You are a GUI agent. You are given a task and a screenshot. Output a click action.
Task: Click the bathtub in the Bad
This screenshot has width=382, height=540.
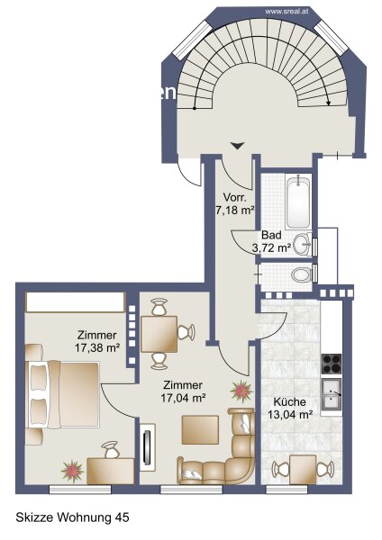(x=298, y=201)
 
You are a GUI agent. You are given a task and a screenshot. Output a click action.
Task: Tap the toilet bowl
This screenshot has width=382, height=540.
(x=301, y=274)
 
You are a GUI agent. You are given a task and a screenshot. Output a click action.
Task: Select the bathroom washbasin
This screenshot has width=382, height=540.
(x=303, y=245)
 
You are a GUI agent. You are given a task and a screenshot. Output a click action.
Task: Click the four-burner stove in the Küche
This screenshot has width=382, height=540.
(x=332, y=364)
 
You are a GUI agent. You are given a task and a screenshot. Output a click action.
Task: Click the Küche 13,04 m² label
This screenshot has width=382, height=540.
(x=290, y=408)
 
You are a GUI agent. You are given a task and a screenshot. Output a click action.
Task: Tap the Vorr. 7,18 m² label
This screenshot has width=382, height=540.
(x=235, y=203)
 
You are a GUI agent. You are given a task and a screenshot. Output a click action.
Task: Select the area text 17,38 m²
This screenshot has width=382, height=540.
(x=97, y=347)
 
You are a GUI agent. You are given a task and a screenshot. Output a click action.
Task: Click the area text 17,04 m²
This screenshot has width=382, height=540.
(x=183, y=398)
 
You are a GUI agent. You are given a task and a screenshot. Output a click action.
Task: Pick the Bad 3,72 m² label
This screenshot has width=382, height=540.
(x=271, y=241)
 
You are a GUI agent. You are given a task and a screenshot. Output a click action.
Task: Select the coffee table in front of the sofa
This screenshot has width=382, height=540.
(x=200, y=430)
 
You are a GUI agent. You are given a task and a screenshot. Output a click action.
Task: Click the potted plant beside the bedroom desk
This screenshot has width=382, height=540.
(x=72, y=471)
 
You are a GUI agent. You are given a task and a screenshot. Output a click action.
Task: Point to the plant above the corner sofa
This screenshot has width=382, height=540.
(x=241, y=391)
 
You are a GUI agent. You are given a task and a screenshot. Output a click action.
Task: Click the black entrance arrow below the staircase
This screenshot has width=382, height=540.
(x=237, y=146)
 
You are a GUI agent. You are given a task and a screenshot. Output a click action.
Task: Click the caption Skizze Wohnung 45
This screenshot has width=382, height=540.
(x=72, y=517)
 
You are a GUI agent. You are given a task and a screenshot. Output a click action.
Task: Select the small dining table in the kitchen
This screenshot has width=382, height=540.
(x=303, y=470)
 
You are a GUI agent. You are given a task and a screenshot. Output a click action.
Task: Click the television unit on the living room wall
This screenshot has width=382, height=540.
(x=148, y=444)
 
